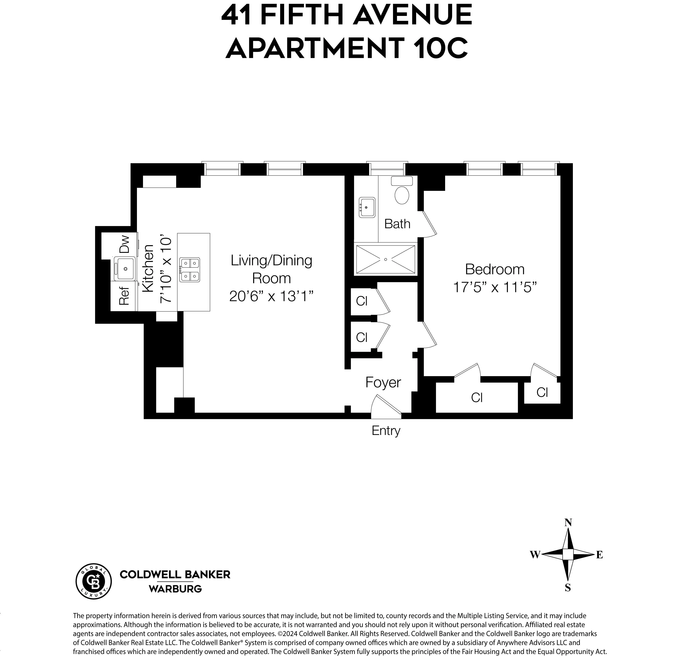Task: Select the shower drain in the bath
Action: pos(385,259)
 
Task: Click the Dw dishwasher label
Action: pos(124,244)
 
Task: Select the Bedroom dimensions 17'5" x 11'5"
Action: pos(495,287)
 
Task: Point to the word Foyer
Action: pos(383,382)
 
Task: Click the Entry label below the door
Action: pos(386,430)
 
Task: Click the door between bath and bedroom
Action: pos(429,224)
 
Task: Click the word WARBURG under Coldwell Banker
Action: pos(175,589)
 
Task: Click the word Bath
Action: pos(397,224)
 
